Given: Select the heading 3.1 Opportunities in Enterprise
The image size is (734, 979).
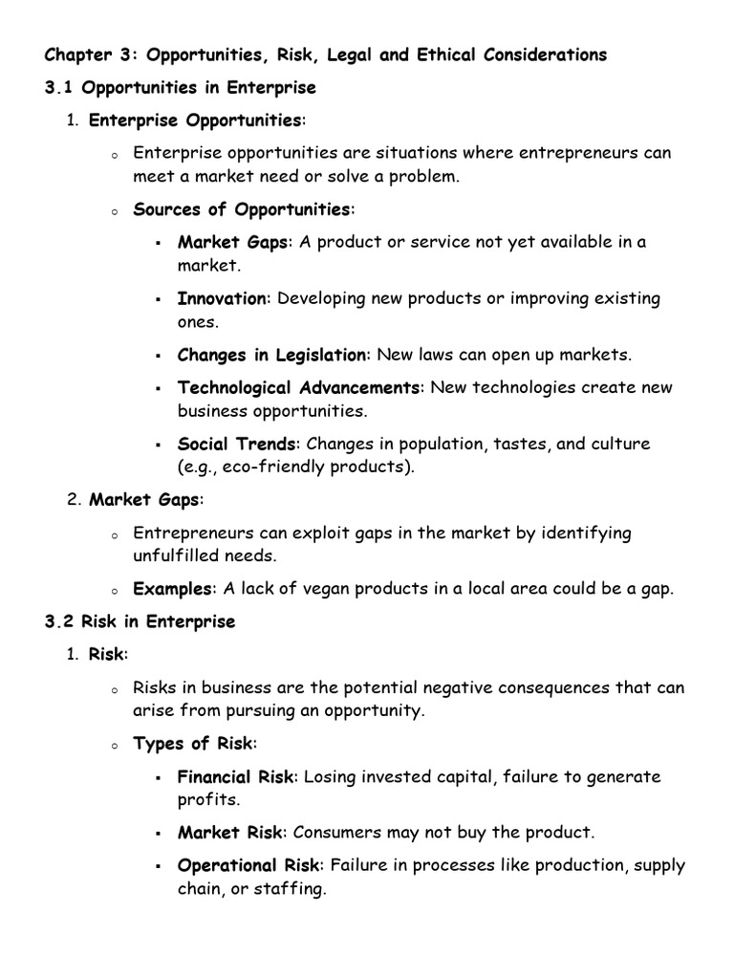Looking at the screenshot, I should pyautogui.click(x=180, y=88).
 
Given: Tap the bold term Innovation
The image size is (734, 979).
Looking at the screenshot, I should pyautogui.click(x=223, y=298).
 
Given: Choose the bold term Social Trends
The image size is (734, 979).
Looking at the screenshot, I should pyautogui.click(x=238, y=444).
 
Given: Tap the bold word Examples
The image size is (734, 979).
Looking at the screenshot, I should pyautogui.click(x=172, y=589).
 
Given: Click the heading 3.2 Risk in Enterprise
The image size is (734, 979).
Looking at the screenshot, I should pyautogui.click(x=140, y=621).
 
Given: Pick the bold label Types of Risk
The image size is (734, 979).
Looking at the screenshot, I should pyautogui.click(x=194, y=743).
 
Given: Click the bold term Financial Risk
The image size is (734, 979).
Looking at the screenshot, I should pyautogui.click(x=236, y=776).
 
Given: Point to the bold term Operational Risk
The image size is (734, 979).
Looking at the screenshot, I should pyautogui.click(x=248, y=865).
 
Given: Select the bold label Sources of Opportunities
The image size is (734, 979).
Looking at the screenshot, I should pyautogui.click(x=242, y=208).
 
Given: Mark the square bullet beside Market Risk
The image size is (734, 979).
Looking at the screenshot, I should pyautogui.click(x=157, y=834).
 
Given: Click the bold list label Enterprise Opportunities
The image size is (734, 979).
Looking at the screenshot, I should pyautogui.click(x=195, y=120).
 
